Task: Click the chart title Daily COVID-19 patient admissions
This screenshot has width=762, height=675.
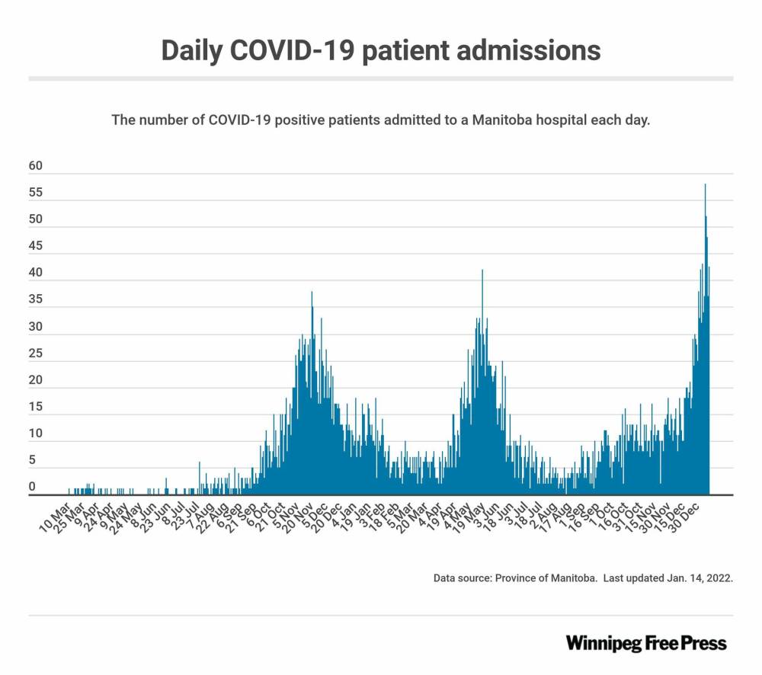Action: click(x=380, y=50)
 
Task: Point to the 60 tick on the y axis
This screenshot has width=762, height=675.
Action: click(x=36, y=166)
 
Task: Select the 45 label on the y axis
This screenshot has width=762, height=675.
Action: click(x=36, y=246)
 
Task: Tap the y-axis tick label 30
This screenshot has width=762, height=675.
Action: click(x=36, y=327)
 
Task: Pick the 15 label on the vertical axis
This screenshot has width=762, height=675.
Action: click(x=36, y=407)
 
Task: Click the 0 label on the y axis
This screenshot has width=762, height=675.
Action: click(x=32, y=487)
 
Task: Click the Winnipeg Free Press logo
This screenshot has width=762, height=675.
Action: click(x=646, y=643)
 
